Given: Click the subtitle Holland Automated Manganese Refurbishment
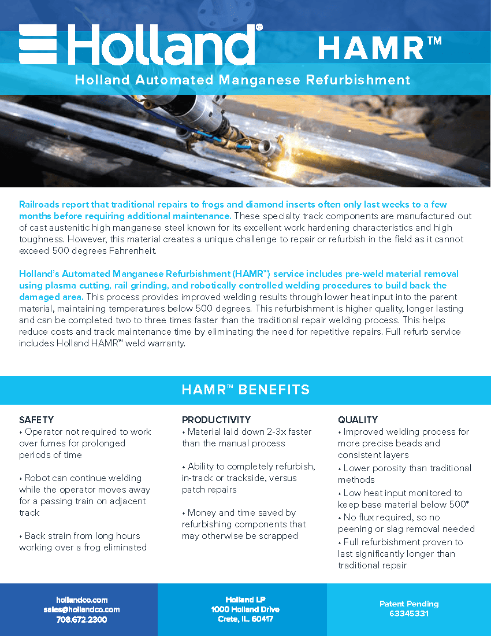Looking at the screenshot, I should (x=243, y=80).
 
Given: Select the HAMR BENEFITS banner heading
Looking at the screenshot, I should (x=245, y=390).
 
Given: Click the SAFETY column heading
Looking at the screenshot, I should (x=36, y=420).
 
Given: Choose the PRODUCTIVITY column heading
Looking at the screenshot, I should (x=216, y=420).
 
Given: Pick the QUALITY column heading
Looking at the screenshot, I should (x=358, y=420).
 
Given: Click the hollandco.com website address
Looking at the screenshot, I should (x=81, y=600).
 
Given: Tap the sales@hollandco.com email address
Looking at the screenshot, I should (x=81, y=609).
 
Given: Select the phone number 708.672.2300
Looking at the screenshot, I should (x=81, y=619).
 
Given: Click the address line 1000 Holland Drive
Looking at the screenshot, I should (x=245, y=609).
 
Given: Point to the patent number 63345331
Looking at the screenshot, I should (x=409, y=613).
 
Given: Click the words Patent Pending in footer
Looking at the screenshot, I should (x=409, y=604).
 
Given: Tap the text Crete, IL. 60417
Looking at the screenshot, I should (x=245, y=619).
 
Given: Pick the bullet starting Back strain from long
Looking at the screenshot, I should (x=83, y=541).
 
